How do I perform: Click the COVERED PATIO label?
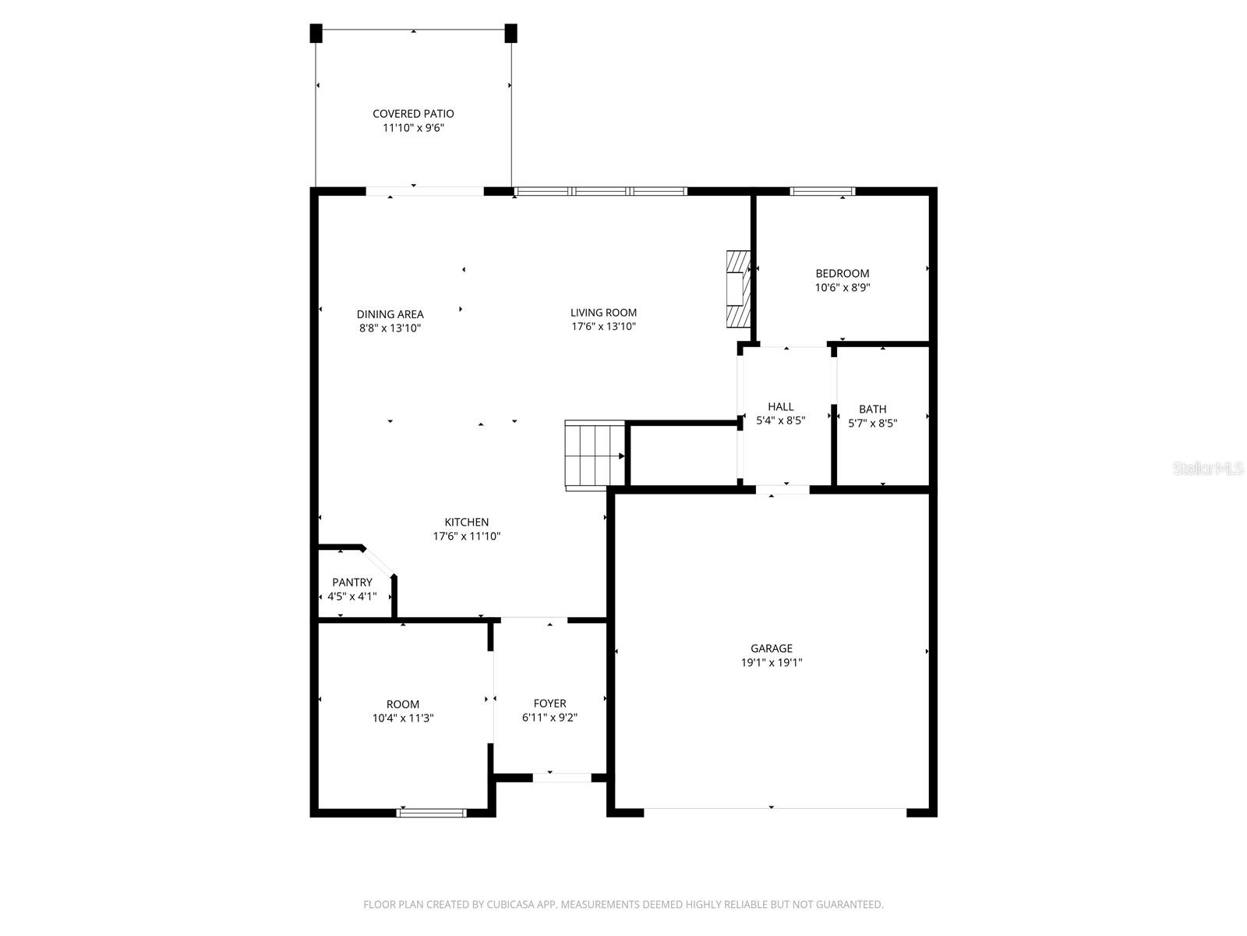click(x=413, y=114)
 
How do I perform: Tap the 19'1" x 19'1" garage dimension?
click(x=772, y=663)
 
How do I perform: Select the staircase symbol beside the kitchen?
click(x=595, y=454)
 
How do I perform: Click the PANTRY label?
click(x=352, y=582)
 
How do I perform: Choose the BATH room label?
click(x=872, y=409)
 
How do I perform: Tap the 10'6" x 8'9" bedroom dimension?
click(x=843, y=287)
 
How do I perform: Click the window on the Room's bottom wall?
click(x=431, y=813)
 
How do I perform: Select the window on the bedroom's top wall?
click(x=822, y=191)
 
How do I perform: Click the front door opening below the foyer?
click(x=562, y=778)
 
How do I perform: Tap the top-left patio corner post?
click(x=316, y=34)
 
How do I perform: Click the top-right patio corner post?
click(x=511, y=34)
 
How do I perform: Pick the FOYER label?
click(x=549, y=704)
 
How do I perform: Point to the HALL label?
click(x=780, y=406)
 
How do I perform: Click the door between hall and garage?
click(x=782, y=490)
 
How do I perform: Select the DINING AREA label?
click(x=390, y=314)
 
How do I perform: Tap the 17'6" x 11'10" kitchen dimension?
click(x=466, y=537)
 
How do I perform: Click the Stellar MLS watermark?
click(x=1208, y=468)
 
